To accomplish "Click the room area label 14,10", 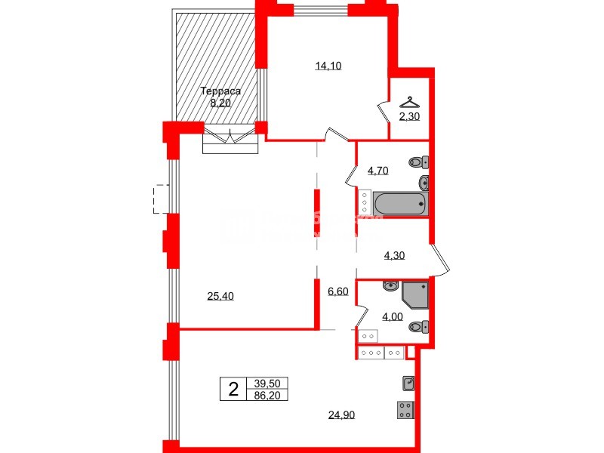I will [328, 66].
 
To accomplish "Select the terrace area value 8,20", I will [220, 103].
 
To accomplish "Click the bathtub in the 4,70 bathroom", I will [401, 202].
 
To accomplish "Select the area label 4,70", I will [378, 171].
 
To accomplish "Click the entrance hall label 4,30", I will [395, 255].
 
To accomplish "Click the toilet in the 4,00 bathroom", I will [418, 327].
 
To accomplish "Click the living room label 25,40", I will [220, 296].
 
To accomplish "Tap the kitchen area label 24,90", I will [341, 414].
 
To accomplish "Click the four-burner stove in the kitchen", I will [406, 411].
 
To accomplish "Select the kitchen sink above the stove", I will [408, 384].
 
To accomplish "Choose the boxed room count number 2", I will [233, 390].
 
